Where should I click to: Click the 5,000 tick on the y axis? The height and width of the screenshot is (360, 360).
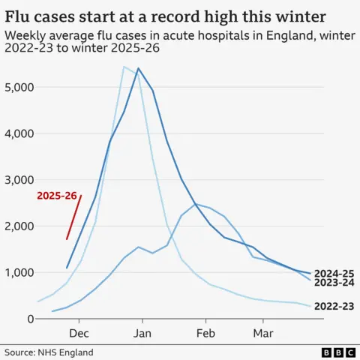coord(19,87)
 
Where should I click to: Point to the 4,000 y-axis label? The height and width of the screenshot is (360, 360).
coord(19,133)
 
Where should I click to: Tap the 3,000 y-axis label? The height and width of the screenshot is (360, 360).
coord(19,180)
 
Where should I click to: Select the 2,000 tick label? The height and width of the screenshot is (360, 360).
coord(19,226)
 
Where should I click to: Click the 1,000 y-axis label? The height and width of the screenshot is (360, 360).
coord(19,273)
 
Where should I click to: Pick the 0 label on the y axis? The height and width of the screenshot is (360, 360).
coord(31,319)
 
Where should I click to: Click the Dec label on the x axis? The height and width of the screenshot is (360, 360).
coord(79,332)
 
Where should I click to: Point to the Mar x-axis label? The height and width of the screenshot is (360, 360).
coord(262,332)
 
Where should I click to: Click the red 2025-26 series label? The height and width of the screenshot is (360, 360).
coord(57,196)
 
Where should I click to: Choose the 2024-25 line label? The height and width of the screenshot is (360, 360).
coord(334,274)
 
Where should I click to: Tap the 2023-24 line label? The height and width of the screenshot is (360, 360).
coord(334,284)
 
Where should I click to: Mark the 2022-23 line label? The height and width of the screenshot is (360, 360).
coord(334,307)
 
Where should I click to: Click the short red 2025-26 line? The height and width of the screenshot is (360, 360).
coord(74,217)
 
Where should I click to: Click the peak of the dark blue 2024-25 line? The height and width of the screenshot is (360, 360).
coord(139,68)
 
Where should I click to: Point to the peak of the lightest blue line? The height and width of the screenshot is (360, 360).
coord(124,67)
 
